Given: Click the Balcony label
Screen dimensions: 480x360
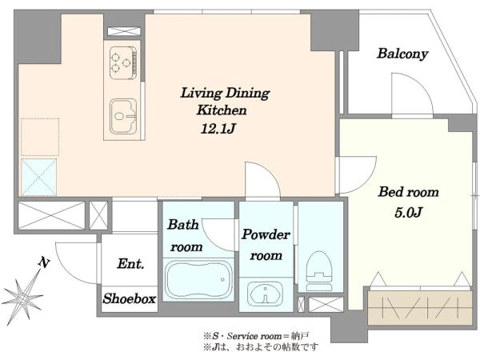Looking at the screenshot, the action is tap(402, 54).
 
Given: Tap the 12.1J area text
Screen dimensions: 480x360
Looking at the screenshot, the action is tap(218, 129).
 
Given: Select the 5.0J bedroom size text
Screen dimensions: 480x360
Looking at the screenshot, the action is tap(408, 212).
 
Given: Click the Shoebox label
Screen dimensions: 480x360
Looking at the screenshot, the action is tap(129, 298).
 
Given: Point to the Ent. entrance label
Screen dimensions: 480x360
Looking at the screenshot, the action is tap(130, 263).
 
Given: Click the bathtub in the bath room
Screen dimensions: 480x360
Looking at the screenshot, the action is tap(198, 280).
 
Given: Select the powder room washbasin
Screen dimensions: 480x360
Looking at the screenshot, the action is tap(265, 293).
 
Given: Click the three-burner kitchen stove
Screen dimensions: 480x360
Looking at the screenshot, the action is tap(123, 62).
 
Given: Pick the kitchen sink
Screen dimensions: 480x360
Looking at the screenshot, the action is tap(123, 116).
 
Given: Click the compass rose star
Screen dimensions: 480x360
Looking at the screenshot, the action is tap(22, 298).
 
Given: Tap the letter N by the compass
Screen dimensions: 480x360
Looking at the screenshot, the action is tap(44, 262).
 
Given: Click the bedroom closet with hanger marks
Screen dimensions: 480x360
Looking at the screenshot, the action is tap(419, 307).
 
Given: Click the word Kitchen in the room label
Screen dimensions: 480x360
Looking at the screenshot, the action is tap(222, 110).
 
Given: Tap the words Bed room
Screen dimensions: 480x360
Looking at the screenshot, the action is tap(408, 192).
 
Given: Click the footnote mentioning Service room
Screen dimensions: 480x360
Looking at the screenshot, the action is tap(256, 336).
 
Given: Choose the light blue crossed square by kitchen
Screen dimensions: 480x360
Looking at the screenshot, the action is tap(39, 177).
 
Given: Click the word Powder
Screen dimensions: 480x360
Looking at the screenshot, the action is tap(266, 234).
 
